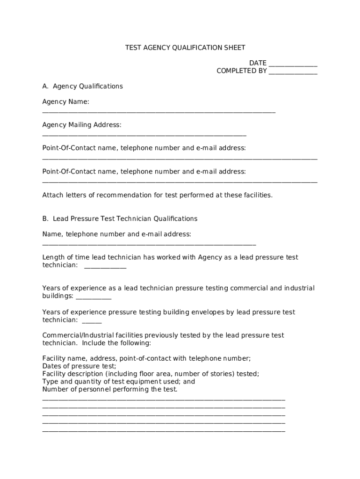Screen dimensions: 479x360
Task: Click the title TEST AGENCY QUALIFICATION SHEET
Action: coord(185,48)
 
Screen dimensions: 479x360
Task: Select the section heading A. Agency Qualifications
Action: coord(82,86)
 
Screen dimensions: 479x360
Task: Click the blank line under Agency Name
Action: coord(158,112)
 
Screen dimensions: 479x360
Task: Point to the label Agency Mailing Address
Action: coord(82,125)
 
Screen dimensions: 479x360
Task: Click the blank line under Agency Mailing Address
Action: coord(144,136)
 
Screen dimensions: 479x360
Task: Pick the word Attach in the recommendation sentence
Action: coord(52,195)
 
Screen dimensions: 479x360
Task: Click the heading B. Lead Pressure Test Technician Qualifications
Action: coord(120,218)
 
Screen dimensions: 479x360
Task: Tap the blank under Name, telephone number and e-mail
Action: coord(149,245)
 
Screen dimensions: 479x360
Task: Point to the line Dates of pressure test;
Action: coord(79,366)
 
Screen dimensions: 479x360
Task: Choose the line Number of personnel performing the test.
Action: coord(110,389)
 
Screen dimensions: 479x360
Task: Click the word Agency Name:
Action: coord(65,102)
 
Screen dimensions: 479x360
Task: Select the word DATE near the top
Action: coord(258,63)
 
